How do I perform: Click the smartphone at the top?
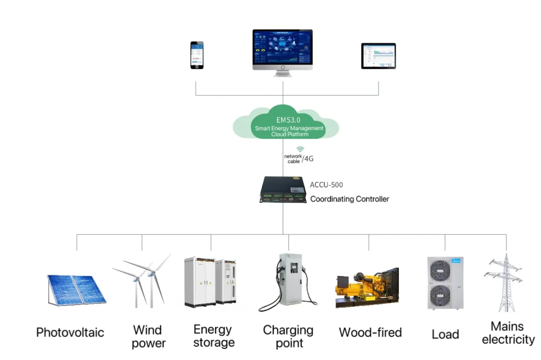pos(197,55)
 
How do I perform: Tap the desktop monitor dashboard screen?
pos(282,49)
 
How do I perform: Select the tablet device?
pos(378,56)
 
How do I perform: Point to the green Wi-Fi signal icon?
pos(300,149)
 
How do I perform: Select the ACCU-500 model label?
pos(327,185)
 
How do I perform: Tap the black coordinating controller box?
pos(282,190)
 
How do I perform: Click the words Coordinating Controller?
pos(349,199)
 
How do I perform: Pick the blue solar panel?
pos(76,289)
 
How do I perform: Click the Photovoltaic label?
pos(70,333)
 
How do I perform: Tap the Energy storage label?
pos(213,336)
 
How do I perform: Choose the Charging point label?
pos(288,336)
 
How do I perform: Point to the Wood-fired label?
pos(370,333)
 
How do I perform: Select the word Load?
pos(445,334)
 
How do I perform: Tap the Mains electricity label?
pos(508,333)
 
